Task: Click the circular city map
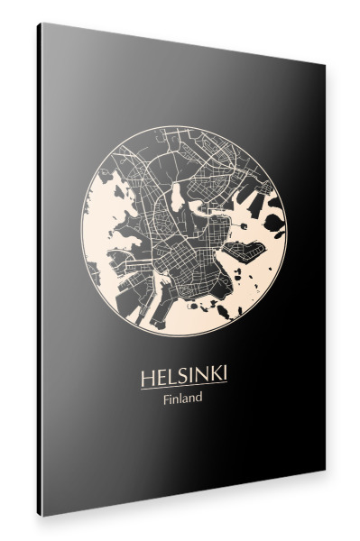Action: [180, 230]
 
